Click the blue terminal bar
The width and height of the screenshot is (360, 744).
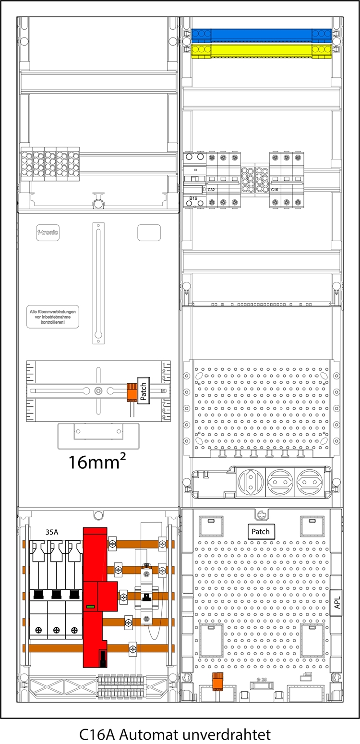click(261, 35)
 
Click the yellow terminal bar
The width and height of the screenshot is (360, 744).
click(261, 50)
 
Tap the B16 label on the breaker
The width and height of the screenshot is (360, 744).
click(193, 198)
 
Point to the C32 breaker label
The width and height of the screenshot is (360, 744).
click(211, 190)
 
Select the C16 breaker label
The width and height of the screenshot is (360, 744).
click(275, 190)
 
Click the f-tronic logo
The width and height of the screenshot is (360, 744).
click(48, 233)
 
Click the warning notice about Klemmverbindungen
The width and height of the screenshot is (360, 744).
click(53, 318)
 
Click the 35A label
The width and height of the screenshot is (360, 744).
click(52, 532)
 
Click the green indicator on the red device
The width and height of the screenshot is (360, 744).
click(90, 607)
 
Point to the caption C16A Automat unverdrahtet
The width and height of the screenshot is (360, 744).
click(175, 734)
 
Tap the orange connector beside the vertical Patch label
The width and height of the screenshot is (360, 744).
click(131, 391)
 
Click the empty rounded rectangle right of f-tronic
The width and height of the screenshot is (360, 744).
click(149, 232)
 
